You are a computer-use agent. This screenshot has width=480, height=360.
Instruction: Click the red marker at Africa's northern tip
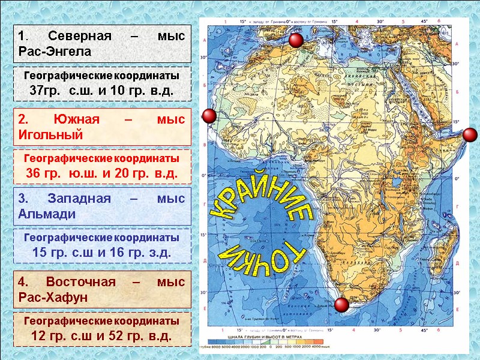coord(295,41)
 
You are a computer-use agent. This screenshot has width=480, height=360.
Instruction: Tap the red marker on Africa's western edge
coord(209,116)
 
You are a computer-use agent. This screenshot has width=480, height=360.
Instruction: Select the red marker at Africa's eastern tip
coord(470,134)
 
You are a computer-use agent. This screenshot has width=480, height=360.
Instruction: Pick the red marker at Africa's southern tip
coord(341,305)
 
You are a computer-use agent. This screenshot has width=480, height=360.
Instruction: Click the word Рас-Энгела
coord(55,51)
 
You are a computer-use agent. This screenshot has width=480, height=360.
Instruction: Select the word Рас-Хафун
coord(53,297)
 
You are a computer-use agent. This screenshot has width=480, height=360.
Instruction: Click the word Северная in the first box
coord(80,35)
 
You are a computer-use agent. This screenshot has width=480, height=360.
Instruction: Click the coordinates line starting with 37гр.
coord(101,91)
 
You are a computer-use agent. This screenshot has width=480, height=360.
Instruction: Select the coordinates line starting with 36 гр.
coord(101,173)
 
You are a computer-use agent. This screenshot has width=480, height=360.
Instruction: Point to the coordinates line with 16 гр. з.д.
coord(101,253)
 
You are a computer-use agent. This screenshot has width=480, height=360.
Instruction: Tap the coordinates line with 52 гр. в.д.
coord(101,336)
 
